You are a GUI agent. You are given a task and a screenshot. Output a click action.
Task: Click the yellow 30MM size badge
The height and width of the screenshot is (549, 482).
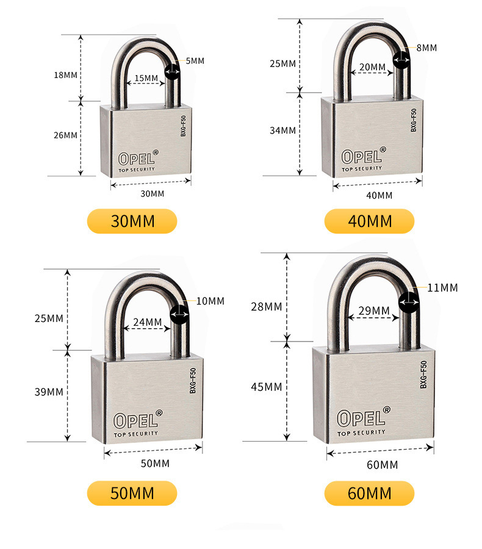point(132,221)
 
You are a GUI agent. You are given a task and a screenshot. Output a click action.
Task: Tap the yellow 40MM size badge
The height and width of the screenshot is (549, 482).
point(369,221)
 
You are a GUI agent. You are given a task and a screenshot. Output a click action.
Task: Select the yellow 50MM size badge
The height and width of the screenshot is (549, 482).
point(132,493)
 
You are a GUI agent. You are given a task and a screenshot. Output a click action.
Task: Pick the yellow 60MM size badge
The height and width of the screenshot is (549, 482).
point(369,493)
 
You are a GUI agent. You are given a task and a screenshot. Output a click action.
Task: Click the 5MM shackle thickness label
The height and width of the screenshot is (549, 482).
point(195,61)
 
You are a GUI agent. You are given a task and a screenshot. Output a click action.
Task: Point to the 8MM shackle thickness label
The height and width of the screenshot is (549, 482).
point(426,48)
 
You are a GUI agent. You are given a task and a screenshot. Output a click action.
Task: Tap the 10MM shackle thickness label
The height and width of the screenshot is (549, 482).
point(210,301)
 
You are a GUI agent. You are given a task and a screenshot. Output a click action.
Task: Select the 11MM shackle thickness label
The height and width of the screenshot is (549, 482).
point(442,288)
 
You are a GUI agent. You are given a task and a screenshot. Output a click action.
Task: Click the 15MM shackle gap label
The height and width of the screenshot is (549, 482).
point(146,77)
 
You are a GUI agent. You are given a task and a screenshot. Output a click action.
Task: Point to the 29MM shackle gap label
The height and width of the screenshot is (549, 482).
point(374,310)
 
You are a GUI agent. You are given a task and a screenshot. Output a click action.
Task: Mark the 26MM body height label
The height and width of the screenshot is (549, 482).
point(65,135)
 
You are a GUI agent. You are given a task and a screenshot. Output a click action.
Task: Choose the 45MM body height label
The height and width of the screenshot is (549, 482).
point(266,387)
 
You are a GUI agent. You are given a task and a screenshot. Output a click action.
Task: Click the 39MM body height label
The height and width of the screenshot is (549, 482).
point(49,392)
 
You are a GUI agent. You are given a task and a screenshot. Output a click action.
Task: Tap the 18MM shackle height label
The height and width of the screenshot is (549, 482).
point(65,75)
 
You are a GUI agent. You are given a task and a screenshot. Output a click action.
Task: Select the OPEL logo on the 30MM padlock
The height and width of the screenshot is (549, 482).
point(138,157)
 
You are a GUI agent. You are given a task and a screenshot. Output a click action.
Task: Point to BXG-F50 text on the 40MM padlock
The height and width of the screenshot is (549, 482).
point(414,120)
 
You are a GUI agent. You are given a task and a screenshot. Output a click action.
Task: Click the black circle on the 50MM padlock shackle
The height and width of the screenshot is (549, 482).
point(179,314)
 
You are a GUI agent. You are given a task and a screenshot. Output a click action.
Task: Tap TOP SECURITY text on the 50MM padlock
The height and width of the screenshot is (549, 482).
point(136,434)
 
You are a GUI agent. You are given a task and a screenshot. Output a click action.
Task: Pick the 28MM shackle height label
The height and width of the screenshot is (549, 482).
point(266,307)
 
